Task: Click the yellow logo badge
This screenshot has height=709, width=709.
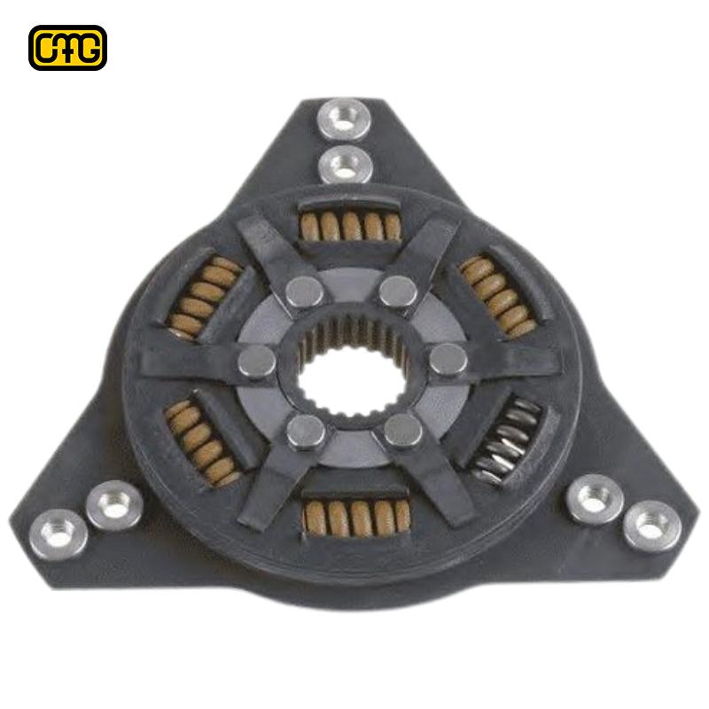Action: (67, 48)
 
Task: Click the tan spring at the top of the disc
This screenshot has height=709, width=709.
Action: (349, 226)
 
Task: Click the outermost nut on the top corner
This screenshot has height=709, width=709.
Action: (344, 118)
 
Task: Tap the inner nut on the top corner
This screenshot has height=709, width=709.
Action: (344, 165)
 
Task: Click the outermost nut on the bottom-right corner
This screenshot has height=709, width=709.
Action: (651, 527)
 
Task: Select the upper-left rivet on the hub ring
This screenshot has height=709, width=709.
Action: (306, 292)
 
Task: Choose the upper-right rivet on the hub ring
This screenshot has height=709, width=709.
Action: (398, 291)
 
